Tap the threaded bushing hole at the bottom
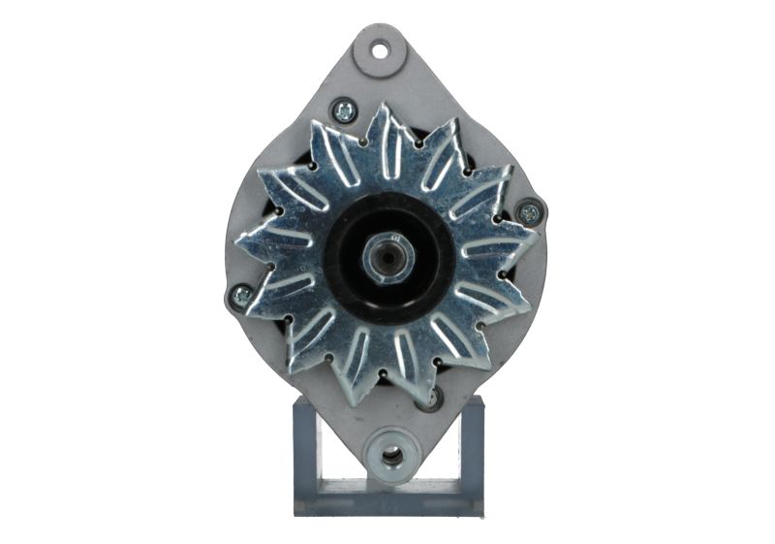tap(391, 454)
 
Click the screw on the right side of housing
tap(529, 212)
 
